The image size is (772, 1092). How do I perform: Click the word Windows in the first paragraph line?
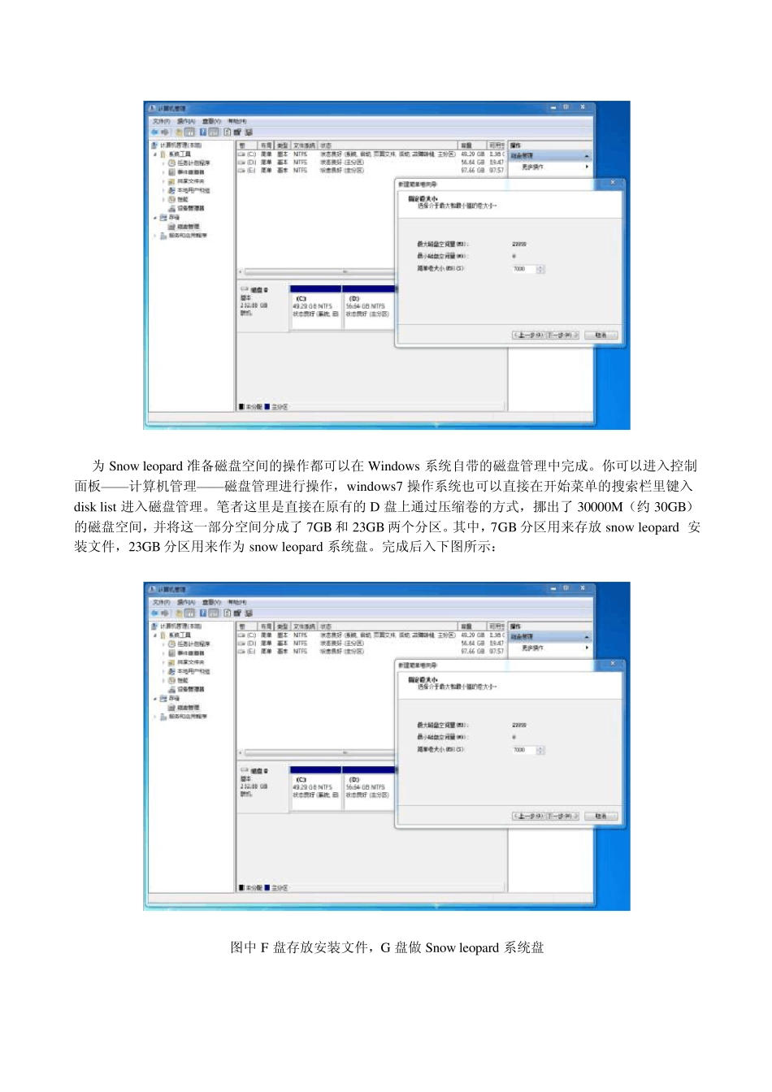coord(393,466)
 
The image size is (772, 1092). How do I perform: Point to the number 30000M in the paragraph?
coord(600,507)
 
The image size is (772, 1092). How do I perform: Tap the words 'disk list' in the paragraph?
coord(95,507)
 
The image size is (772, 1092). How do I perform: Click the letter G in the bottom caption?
coord(385,947)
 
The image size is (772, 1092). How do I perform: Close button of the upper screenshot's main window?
coord(583,107)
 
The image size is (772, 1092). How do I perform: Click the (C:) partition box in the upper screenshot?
coord(316,307)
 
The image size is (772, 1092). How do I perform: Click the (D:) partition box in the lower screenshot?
coord(368,788)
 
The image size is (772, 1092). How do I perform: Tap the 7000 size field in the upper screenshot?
coord(524,269)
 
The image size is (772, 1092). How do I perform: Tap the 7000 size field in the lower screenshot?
coord(524,750)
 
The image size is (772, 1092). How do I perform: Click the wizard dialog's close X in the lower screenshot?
coord(613,664)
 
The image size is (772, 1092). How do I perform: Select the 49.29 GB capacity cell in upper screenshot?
coord(472,154)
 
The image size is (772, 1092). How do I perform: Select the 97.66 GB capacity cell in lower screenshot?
coord(472,651)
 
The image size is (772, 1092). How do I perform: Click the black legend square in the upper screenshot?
coord(241,407)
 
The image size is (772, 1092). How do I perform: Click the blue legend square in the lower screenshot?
coord(267,888)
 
